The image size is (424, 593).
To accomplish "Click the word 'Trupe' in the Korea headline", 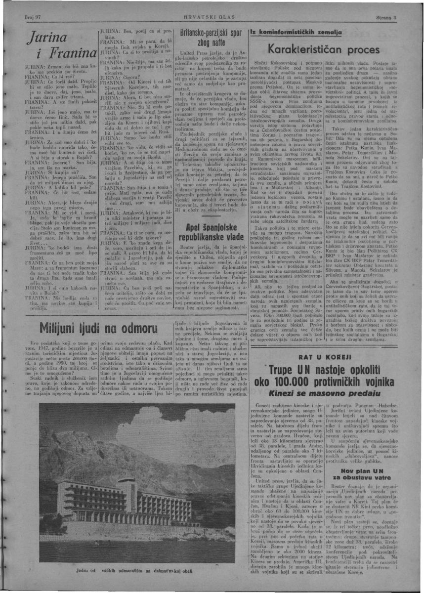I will point(284,371).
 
